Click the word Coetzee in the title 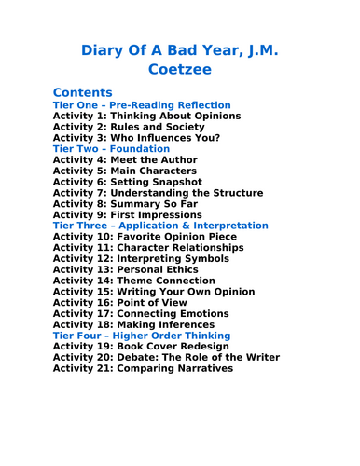pyautogui.click(x=179, y=68)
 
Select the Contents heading pyautogui.click(x=83, y=92)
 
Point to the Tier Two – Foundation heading pyautogui.click(x=111, y=149)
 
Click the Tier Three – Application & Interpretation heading pyautogui.click(x=160, y=226)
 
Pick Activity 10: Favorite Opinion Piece pyautogui.click(x=145, y=237)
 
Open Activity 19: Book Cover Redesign pyautogui.click(x=141, y=347)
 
